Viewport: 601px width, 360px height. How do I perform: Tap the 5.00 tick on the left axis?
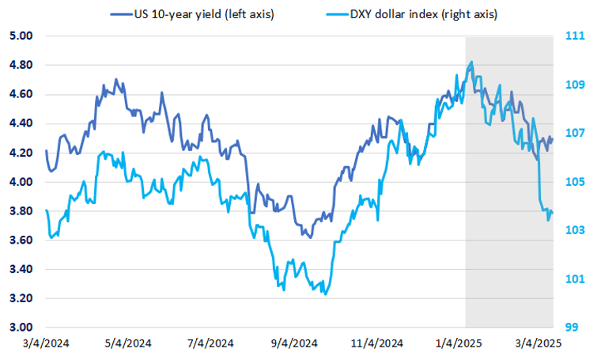click(x=19, y=36)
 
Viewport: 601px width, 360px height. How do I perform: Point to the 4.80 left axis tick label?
click(x=19, y=66)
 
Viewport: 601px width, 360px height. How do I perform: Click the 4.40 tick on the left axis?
click(x=19, y=123)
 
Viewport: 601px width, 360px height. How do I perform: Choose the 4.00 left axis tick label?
click(x=19, y=182)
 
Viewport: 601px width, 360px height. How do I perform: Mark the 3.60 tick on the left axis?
click(x=19, y=241)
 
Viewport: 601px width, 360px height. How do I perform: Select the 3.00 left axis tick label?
click(x=19, y=328)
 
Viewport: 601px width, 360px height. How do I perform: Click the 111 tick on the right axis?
click(x=575, y=36)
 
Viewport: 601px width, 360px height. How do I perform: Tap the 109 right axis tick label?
click(x=575, y=85)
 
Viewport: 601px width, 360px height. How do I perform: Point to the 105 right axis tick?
click(x=575, y=182)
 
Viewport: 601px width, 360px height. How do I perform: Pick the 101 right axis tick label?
click(x=575, y=279)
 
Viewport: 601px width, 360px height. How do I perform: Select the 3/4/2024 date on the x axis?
click(x=46, y=343)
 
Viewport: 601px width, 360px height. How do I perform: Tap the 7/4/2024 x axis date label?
click(x=210, y=343)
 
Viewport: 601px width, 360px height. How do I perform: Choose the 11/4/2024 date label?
click(x=376, y=343)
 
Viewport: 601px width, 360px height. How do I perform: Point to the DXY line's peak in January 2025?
click(x=472, y=62)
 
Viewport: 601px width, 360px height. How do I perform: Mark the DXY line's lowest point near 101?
click(x=325, y=294)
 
